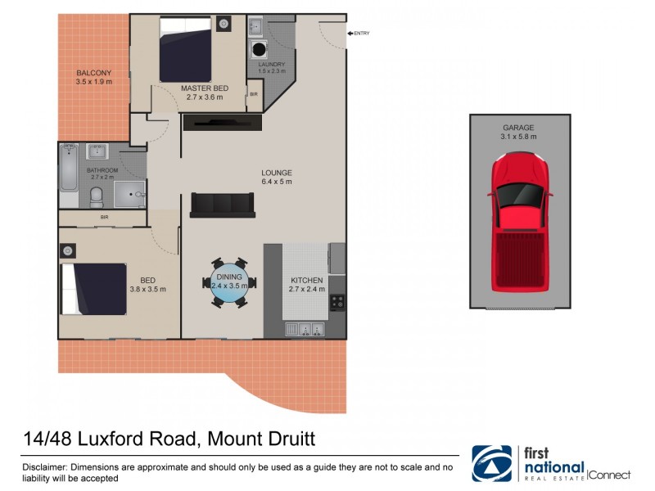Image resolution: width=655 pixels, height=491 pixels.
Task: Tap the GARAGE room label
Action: click(519, 128)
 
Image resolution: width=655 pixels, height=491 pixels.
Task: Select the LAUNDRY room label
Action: click(271, 64)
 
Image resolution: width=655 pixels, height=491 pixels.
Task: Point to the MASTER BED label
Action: click(205, 88)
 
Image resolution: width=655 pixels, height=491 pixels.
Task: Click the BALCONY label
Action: click(93, 73)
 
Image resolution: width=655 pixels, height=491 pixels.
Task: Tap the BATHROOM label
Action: click(102, 170)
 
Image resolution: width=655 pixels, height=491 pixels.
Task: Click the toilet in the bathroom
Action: click(96, 196)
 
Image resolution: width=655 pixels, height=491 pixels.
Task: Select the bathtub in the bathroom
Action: click(69, 175)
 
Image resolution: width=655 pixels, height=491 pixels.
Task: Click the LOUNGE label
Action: click(277, 173)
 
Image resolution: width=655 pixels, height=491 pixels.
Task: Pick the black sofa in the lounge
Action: click(222, 205)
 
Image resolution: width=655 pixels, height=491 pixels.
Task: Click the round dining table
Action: click(228, 284)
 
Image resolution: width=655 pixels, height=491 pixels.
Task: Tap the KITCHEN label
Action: click(307, 281)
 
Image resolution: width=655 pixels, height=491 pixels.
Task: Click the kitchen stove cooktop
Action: click(337, 303)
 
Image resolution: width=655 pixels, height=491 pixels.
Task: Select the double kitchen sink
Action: click(305, 330)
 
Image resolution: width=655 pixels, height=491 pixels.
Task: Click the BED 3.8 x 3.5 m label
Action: click(147, 284)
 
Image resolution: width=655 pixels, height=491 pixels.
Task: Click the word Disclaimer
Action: click(46, 466)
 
